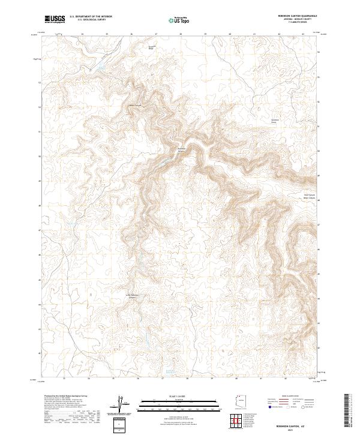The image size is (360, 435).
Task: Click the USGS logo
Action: point(55,19)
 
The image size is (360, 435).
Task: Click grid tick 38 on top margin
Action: point(181,34)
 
